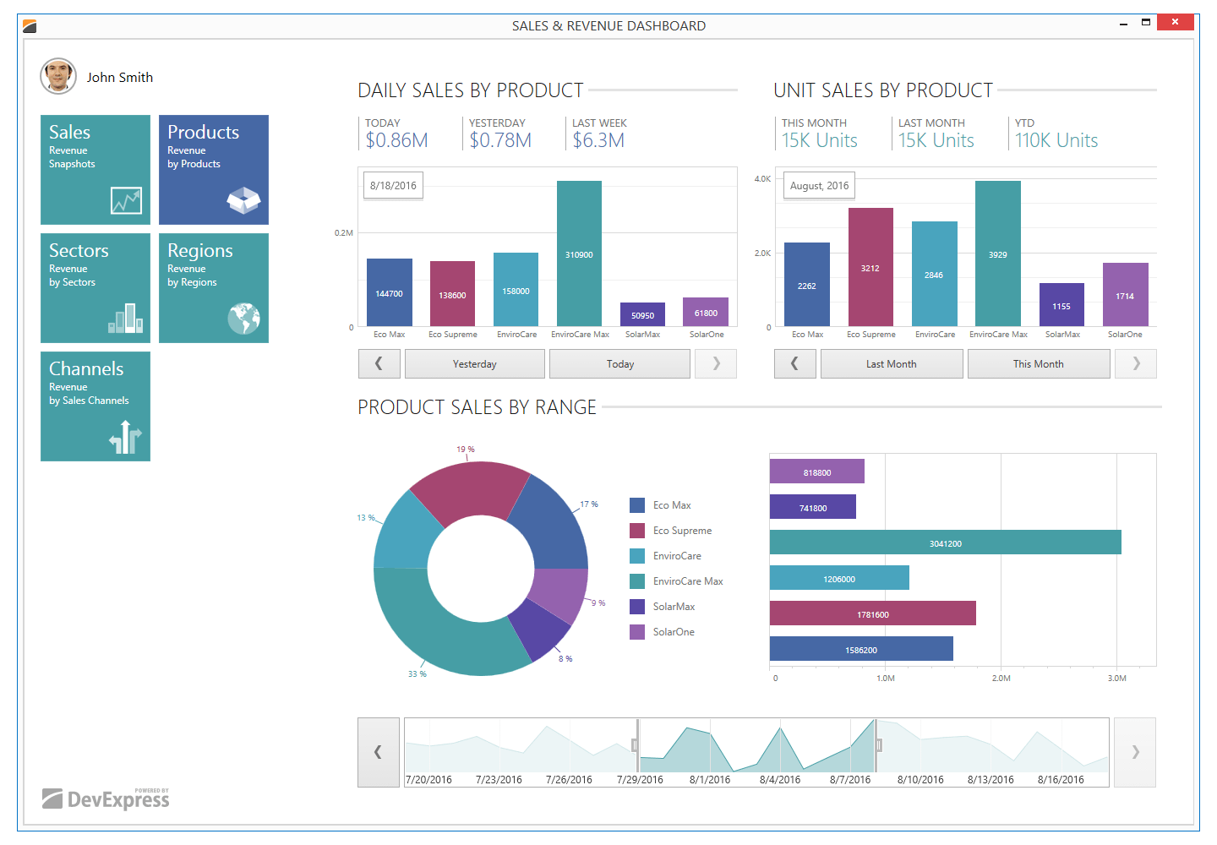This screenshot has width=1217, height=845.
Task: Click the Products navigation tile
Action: click(213, 170)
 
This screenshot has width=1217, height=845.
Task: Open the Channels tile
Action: click(96, 406)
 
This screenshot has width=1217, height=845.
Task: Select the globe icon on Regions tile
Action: click(243, 319)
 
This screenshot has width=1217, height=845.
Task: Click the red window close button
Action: click(1175, 22)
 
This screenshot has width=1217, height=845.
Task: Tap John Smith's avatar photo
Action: click(58, 76)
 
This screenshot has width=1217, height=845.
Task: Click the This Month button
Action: click(1038, 364)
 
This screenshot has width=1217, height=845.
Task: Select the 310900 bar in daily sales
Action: click(579, 253)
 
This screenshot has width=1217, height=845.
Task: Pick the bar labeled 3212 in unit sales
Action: click(870, 267)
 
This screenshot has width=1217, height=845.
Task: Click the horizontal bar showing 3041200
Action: click(945, 542)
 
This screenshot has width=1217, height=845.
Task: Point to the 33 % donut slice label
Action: click(417, 673)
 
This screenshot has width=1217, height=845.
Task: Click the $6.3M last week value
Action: click(598, 140)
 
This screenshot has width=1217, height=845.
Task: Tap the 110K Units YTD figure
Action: click(1056, 140)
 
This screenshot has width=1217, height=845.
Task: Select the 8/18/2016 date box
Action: click(393, 186)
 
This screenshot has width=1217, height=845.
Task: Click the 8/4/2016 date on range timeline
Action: click(779, 780)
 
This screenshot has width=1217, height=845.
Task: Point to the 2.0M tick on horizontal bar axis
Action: click(1001, 678)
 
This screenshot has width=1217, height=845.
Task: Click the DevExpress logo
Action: click(106, 799)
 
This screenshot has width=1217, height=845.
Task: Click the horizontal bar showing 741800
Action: click(812, 507)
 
